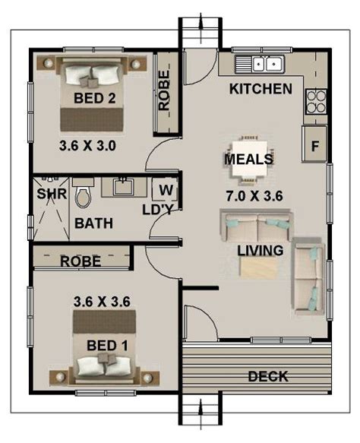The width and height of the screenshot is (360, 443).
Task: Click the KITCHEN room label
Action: pos(261,89)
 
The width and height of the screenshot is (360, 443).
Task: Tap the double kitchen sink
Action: pos(260,64)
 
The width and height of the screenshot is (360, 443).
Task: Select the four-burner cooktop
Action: pos(316,101)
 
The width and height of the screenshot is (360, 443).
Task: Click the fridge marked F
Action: pos(314,144)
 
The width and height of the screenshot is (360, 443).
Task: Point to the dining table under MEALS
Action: pos(250,158)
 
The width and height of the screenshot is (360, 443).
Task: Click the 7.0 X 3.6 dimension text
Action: pos(254,196)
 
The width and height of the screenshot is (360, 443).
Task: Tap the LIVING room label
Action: pos(260,250)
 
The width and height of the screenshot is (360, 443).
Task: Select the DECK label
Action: pos(268,376)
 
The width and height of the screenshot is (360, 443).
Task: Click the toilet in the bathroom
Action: pos(83,193)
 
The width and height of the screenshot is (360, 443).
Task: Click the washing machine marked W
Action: pos(165,189)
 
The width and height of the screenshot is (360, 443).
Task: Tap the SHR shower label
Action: pos(52,194)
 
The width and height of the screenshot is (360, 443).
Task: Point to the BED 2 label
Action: pos(95,98)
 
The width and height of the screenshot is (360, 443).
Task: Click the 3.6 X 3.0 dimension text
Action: pos(87,146)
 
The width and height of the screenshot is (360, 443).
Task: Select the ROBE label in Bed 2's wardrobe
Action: pos(164,90)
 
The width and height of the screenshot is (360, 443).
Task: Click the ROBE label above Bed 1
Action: pos(81,261)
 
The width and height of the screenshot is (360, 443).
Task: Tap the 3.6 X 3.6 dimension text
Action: pos(102,302)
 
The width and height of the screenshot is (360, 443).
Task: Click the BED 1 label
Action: pos(107,346)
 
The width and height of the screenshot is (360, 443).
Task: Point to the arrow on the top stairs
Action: pos(201,28)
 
